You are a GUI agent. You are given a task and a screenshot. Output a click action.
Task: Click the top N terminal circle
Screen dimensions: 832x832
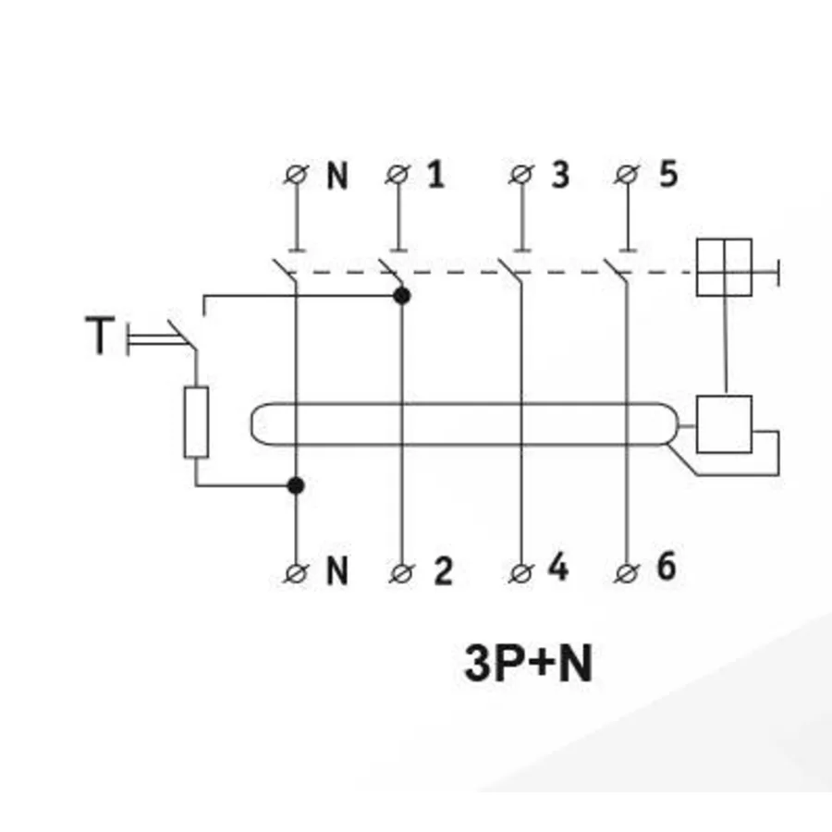click(x=296, y=174)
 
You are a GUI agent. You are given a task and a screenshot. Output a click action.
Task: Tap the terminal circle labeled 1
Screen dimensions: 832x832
click(x=398, y=174)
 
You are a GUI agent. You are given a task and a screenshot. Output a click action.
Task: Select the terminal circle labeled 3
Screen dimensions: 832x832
click(x=521, y=174)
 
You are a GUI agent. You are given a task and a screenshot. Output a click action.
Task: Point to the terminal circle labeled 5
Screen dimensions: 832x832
click(x=627, y=174)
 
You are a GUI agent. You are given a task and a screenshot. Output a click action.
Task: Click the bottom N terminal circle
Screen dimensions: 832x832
click(x=296, y=573)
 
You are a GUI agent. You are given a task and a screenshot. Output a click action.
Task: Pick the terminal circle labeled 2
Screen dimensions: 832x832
click(x=402, y=573)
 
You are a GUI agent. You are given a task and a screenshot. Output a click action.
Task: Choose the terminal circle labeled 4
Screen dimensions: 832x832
click(x=521, y=573)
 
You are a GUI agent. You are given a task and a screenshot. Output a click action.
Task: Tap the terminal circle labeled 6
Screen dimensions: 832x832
click(x=627, y=573)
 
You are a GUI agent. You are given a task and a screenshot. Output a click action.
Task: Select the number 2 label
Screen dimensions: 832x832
click(x=443, y=571)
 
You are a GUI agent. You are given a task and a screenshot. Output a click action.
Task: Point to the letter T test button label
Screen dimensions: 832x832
click(x=100, y=335)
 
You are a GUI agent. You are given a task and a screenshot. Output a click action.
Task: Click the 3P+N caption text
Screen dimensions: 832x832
click(x=528, y=663)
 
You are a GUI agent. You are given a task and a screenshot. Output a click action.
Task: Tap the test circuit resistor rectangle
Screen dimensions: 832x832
click(x=196, y=422)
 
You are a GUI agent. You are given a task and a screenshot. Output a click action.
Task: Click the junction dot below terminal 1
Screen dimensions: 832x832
click(x=402, y=296)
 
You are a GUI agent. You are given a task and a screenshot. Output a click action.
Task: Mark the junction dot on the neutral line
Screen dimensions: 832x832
click(x=296, y=485)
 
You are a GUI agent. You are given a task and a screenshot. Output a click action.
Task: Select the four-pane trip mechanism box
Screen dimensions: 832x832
click(x=724, y=267)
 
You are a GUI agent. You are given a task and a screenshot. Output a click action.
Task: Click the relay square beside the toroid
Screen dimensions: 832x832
click(x=724, y=424)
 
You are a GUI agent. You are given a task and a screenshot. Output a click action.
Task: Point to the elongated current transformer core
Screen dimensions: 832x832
click(x=464, y=404)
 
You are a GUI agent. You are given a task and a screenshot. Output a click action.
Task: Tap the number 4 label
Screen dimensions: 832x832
click(x=558, y=567)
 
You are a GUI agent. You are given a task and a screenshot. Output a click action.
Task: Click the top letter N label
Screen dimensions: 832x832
click(x=337, y=176)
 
